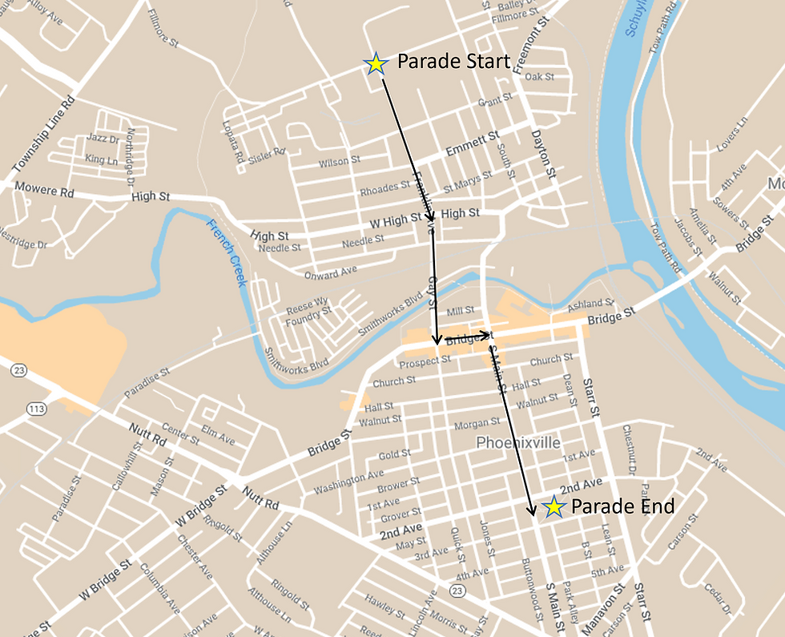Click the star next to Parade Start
point(376,64)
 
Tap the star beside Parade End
point(553,506)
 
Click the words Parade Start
point(453,62)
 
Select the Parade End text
point(622,506)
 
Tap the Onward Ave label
point(330,272)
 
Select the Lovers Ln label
point(731,133)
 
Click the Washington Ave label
point(348,482)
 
